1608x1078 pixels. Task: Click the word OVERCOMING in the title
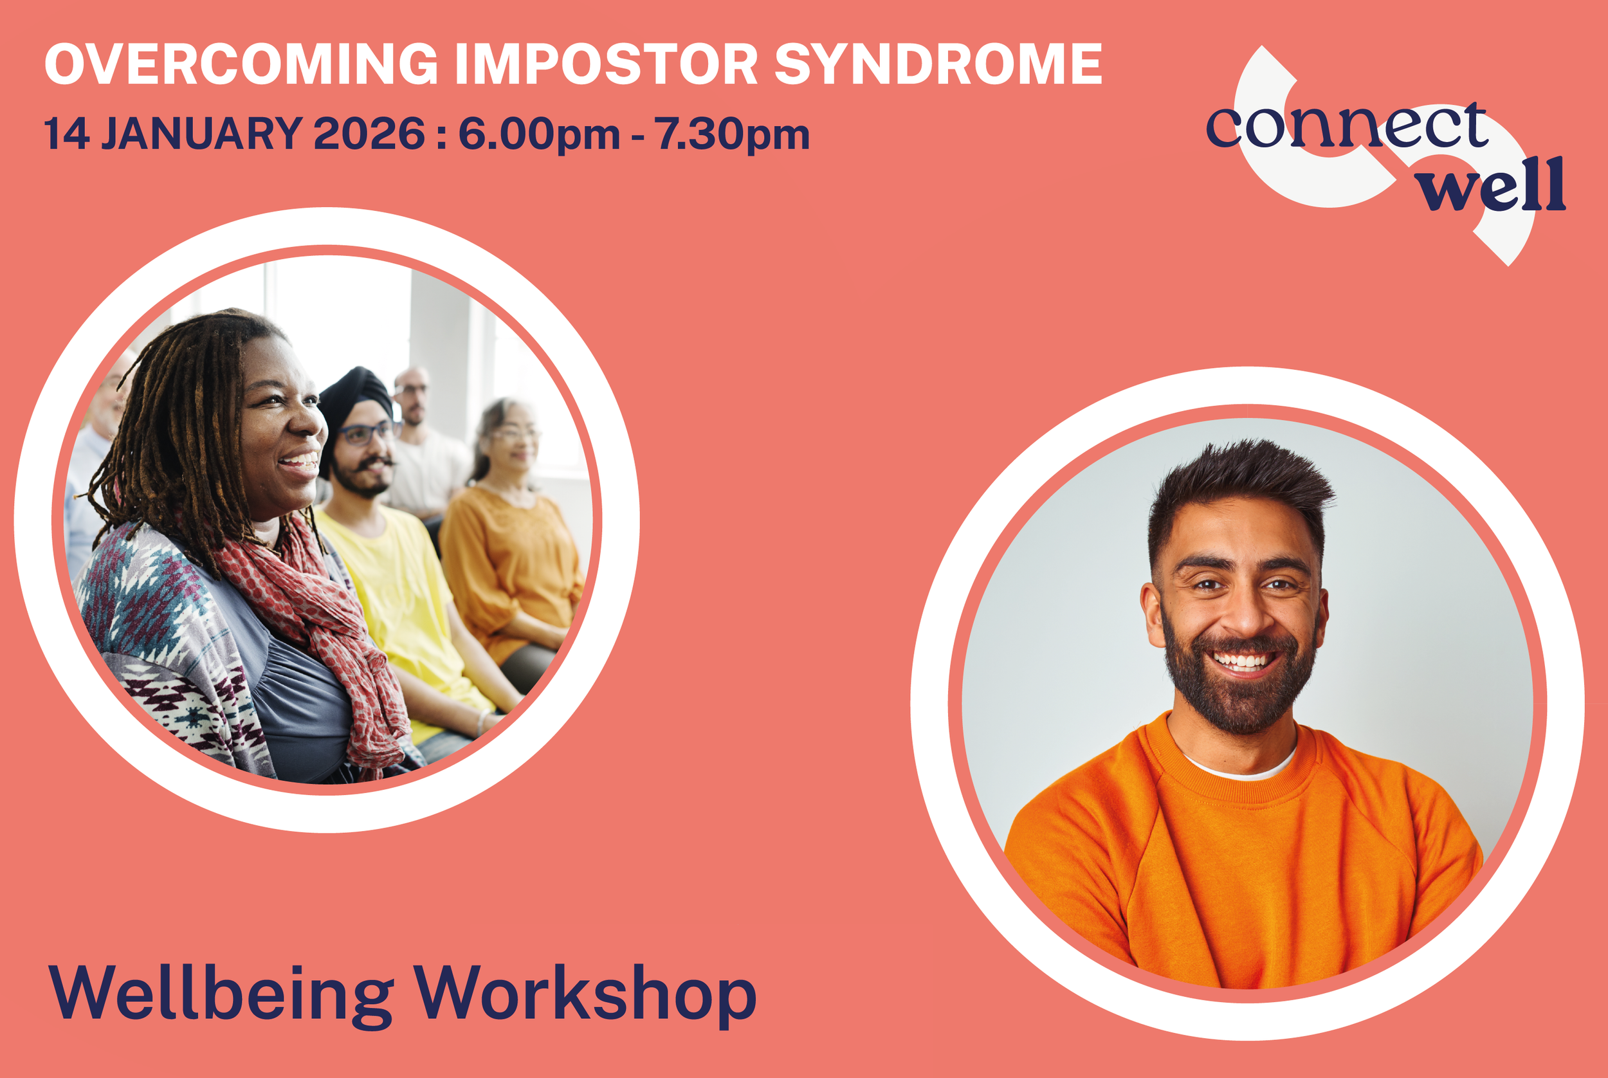click(241, 64)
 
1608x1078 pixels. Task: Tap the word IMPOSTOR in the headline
click(606, 64)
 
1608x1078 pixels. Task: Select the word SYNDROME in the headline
click(938, 64)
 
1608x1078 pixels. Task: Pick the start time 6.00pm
click(539, 134)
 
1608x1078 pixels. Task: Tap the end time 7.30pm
click(731, 134)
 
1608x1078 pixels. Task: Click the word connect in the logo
click(1346, 127)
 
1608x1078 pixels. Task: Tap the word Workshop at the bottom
click(585, 994)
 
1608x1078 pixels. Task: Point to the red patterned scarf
click(323, 619)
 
